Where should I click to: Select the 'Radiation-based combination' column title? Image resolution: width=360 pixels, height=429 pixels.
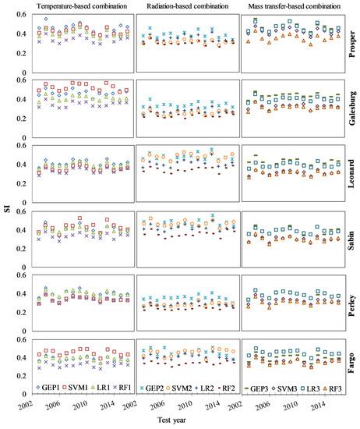pyautogui.click(x=184, y=6)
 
